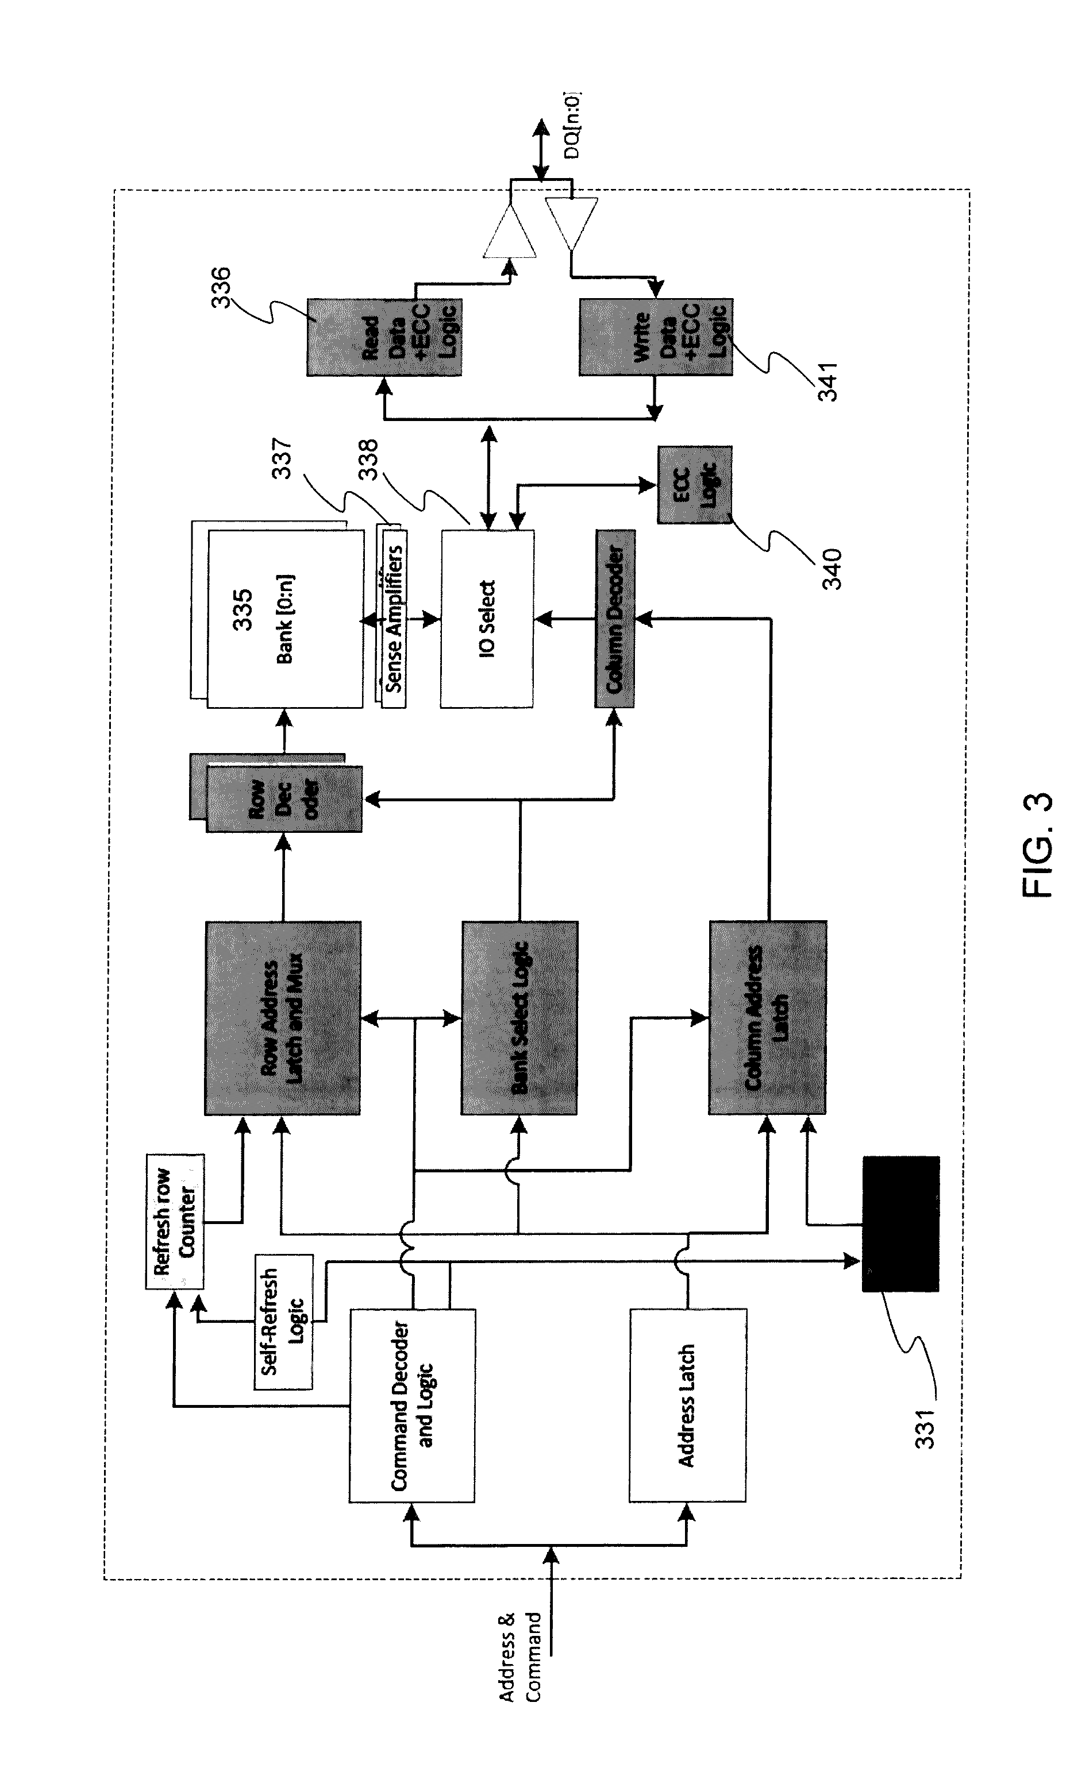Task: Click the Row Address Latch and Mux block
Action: (282, 1017)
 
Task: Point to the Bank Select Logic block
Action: (519, 1017)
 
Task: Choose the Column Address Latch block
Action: (767, 1017)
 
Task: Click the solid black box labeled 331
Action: (900, 1223)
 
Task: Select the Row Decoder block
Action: (283, 798)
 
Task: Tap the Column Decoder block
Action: (614, 619)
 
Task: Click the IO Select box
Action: (487, 619)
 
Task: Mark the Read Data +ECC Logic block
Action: (384, 337)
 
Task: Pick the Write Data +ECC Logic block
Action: (655, 337)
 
